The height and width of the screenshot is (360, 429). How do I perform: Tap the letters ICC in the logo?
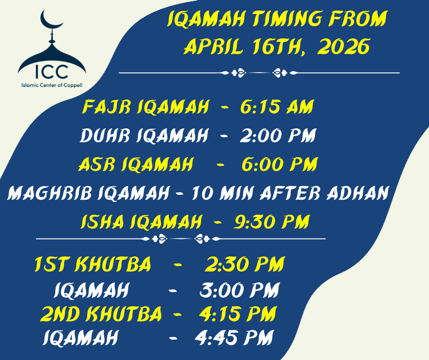point(52,71)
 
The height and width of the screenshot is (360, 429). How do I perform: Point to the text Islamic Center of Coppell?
point(52,85)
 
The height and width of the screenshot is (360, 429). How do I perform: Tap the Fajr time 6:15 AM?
point(277,106)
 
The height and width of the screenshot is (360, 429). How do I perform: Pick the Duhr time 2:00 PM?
point(277,135)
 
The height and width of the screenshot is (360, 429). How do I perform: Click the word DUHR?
point(106,135)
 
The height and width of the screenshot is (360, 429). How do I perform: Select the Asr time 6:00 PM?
point(279,164)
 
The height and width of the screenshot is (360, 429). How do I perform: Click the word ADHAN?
point(357,193)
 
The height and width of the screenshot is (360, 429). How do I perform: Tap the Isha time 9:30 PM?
point(272,222)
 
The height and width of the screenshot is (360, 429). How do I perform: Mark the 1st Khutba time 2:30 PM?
point(245,264)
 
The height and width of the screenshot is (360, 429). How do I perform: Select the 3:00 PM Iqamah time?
point(240,290)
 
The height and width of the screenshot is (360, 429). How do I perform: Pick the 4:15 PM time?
point(237,314)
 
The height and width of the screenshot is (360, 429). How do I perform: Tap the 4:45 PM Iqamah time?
point(234,337)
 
